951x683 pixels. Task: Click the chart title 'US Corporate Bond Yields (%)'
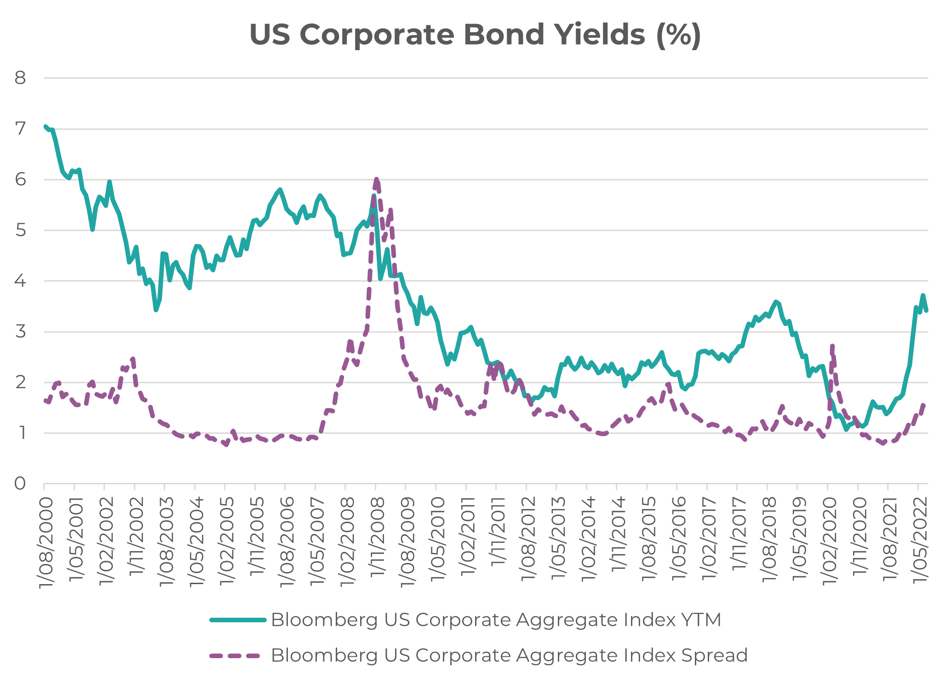475,34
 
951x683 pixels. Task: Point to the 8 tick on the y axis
20,78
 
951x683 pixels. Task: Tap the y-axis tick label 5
20,230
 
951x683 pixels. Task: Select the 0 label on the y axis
20,484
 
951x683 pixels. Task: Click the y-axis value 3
20,332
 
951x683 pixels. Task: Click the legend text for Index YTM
496,620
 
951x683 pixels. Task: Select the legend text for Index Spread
509,655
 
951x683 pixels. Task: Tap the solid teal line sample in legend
238,620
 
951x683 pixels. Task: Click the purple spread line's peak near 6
376,179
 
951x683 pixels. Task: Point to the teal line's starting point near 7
45,126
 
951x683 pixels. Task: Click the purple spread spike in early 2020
832,346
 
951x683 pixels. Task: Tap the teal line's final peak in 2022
922,295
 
